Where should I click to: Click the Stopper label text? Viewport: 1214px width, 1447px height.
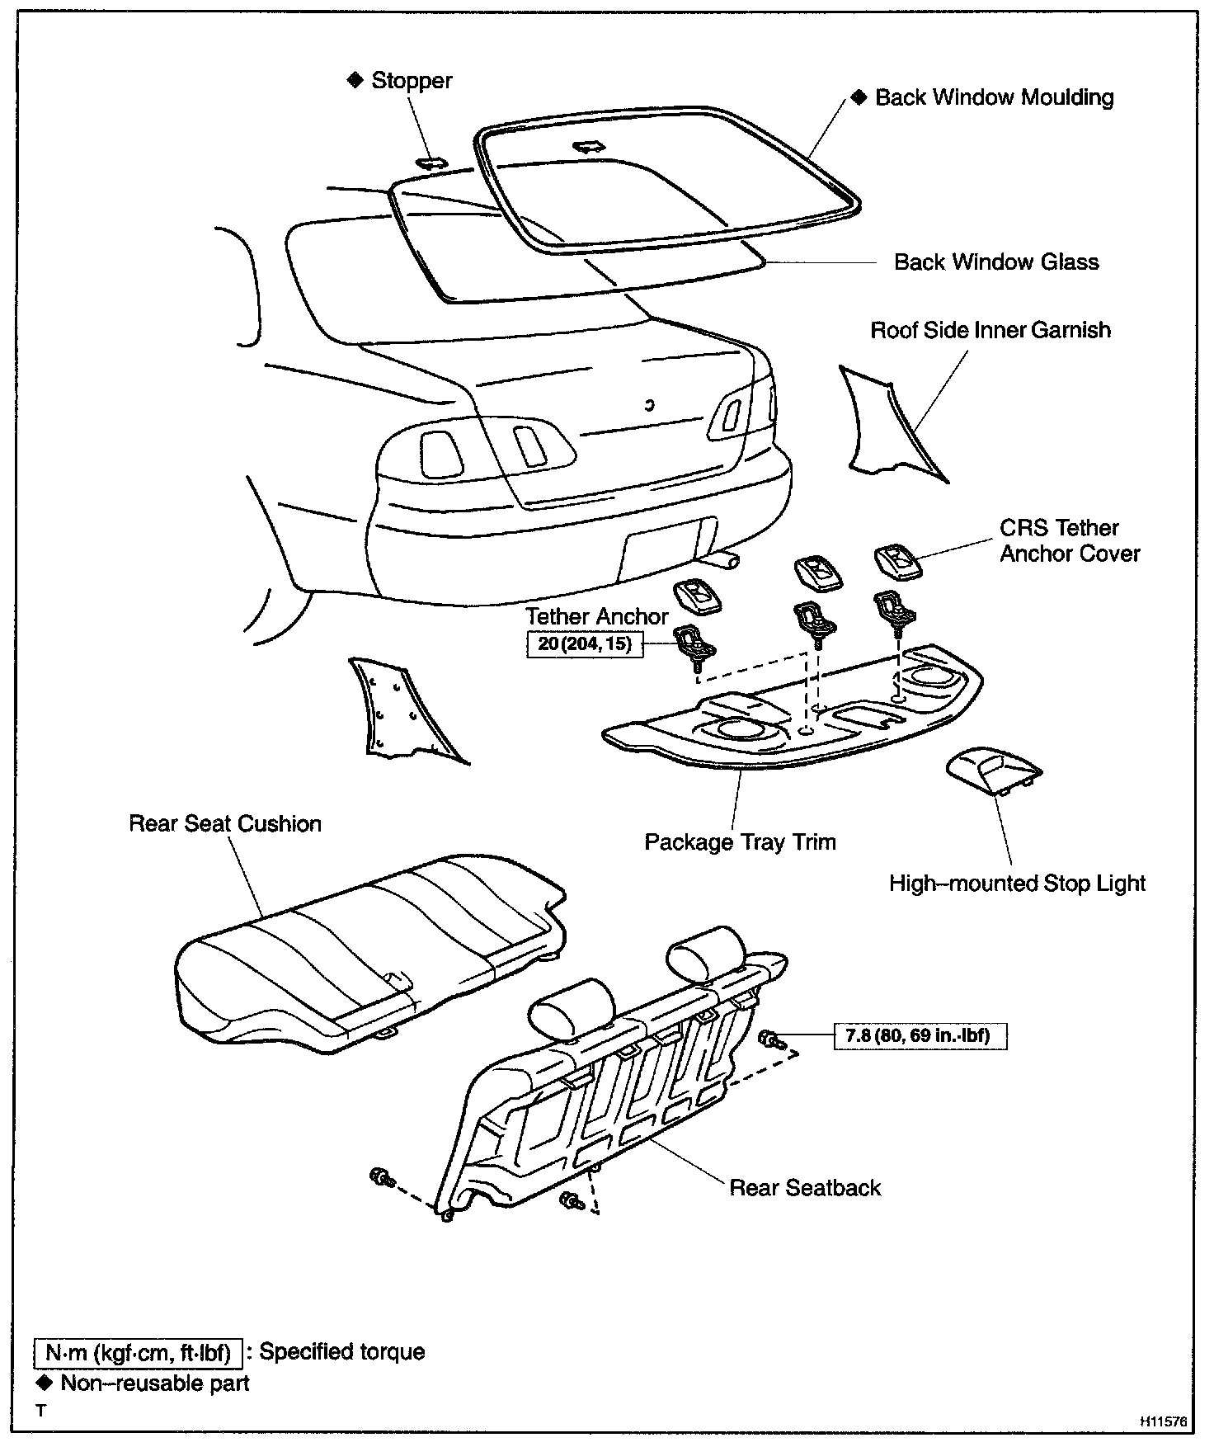point(411,81)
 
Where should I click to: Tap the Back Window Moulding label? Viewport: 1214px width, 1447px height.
point(994,97)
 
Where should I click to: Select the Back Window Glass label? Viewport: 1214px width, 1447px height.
point(996,262)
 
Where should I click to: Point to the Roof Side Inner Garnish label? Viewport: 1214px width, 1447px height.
point(990,330)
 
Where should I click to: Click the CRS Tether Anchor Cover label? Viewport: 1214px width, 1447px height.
point(1070,540)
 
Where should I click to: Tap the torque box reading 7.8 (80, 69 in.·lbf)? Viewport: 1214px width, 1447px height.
point(921,1035)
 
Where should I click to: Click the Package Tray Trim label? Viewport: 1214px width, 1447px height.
point(740,842)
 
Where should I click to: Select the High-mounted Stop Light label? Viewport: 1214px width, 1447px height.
point(1017,884)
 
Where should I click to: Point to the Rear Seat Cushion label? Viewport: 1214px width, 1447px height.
point(225,824)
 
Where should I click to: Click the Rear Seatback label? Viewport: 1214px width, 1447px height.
point(805,1188)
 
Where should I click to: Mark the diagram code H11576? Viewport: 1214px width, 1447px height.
point(1164,1421)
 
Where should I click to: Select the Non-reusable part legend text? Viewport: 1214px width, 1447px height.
point(155,1383)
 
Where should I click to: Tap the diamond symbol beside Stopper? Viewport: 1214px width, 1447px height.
point(355,80)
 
